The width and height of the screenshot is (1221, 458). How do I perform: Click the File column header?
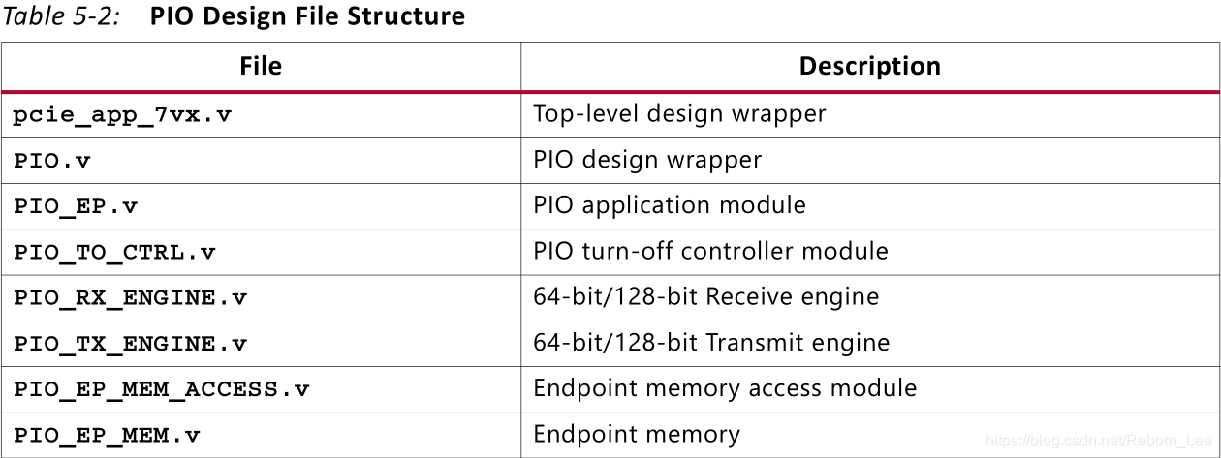[x=261, y=66]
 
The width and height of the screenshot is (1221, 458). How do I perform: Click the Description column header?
[x=870, y=66]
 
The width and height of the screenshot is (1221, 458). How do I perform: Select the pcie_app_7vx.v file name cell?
[x=122, y=115]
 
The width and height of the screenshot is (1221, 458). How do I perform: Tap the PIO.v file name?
[x=51, y=161]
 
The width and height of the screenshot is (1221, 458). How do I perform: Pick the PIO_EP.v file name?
[x=76, y=207]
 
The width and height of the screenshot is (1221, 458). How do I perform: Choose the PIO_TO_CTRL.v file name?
[x=114, y=253]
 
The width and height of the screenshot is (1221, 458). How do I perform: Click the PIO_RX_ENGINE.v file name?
[x=130, y=298]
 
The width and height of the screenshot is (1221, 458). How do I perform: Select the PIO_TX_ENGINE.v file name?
[x=130, y=344]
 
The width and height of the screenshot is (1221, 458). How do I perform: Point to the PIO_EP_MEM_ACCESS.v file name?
[x=161, y=390]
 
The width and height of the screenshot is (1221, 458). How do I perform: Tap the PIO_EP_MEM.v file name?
[x=107, y=436]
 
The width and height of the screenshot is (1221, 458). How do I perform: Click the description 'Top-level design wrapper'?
[x=679, y=114]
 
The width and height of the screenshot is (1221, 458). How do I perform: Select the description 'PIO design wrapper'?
[x=647, y=160]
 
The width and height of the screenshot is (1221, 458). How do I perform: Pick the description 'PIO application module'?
[x=670, y=205]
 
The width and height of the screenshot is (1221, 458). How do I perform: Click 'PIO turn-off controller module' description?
[x=711, y=251]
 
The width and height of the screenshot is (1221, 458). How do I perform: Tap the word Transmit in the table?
[x=751, y=343]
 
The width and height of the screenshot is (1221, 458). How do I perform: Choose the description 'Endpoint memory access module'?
[x=725, y=389]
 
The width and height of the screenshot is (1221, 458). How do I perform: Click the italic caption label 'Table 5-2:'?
[x=61, y=15]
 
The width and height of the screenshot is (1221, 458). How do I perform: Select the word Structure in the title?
[x=406, y=15]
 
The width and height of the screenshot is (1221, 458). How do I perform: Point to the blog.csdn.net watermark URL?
[x=1098, y=441]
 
